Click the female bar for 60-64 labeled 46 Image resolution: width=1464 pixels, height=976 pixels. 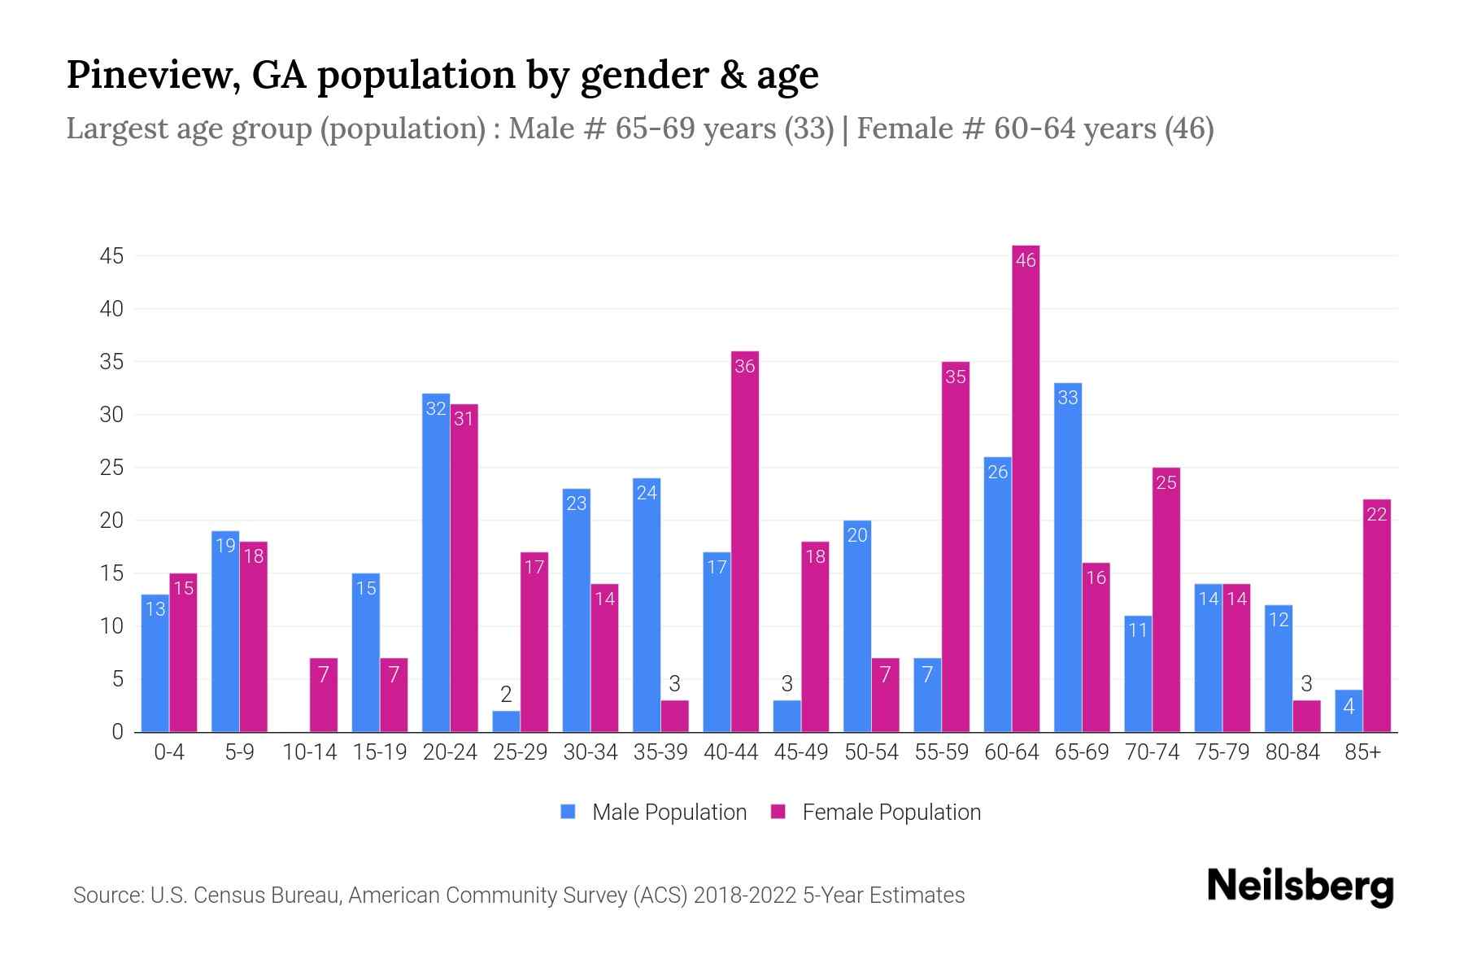pos(1026,488)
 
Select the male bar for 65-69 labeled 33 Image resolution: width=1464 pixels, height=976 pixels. pos(1067,557)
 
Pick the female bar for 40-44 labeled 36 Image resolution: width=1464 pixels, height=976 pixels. pos(745,541)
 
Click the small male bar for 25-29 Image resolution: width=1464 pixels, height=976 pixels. pos(506,721)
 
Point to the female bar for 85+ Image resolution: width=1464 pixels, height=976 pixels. pos(1376,616)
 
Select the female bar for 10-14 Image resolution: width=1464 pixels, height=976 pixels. pos(324,695)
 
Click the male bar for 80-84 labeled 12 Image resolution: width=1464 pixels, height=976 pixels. pos(1279,669)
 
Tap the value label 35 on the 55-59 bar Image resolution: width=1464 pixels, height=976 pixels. pos(956,377)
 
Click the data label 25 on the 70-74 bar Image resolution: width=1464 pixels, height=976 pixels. pos(1166,482)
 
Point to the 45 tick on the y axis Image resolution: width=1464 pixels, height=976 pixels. pos(111,256)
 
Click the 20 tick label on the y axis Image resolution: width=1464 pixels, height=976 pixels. pos(111,521)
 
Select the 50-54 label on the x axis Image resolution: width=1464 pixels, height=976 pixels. pos(871,752)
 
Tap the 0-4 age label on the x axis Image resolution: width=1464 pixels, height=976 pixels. pos(169,752)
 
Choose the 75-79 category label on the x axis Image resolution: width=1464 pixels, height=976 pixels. pos(1222,752)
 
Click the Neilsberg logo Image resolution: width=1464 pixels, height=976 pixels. pos(1300,887)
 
